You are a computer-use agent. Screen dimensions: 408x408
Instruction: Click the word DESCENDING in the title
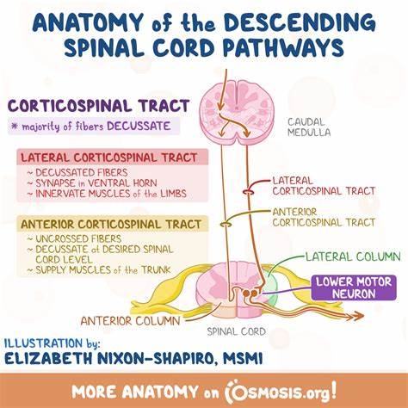pos(300,22)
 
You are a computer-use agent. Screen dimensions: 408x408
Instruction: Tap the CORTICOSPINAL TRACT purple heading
pos(98,106)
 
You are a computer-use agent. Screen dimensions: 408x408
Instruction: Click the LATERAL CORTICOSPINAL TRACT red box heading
pos(109,158)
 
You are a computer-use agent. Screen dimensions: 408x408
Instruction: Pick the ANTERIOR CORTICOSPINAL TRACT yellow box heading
pos(111,224)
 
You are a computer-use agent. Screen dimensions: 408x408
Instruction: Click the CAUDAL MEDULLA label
pos(309,127)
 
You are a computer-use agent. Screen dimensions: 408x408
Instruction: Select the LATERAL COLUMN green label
pos(353,257)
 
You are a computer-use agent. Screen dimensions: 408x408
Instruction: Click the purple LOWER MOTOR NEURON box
pos(354,287)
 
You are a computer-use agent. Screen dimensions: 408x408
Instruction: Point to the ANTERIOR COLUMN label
pos(130,321)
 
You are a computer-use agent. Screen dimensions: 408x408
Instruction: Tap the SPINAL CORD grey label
pos(237,331)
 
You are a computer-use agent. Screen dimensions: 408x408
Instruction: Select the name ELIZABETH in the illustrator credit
pos(48,359)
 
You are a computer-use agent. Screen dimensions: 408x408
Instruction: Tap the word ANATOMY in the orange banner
pos(160,392)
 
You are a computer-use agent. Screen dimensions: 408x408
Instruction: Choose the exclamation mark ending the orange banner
pos(333,389)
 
